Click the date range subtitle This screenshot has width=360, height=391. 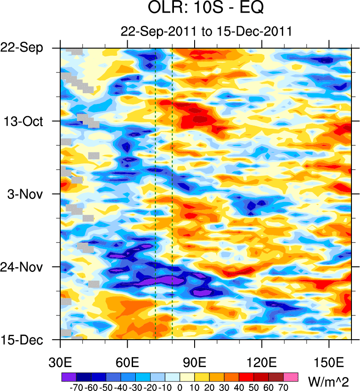[206, 31]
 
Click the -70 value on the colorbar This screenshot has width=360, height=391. [76, 387]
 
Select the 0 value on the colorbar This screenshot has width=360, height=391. [180, 387]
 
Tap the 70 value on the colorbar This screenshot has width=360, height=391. [284, 387]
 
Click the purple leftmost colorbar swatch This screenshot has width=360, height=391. [68, 376]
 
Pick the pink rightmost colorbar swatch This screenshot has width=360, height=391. [292, 376]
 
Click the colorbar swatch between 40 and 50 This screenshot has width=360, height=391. [247, 376]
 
